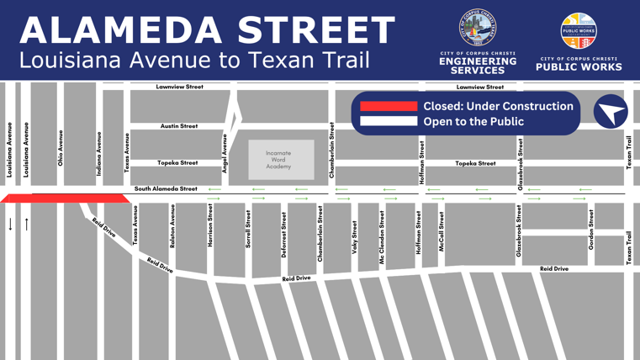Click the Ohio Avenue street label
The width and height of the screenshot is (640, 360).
click(61, 147)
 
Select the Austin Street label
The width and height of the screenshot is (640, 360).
click(179, 126)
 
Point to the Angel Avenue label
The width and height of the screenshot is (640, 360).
click(225, 154)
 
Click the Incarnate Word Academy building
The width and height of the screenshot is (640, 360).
click(280, 160)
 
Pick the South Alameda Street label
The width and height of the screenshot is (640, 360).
click(166, 189)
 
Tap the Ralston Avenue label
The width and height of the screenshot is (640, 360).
click(173, 225)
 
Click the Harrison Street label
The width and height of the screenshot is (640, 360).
click(210, 225)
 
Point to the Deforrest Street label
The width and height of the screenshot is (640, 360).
click(284, 236)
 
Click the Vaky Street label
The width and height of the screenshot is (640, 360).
click(356, 237)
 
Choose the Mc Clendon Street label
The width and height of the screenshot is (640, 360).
click(382, 239)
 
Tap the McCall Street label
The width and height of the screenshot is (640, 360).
click(442, 231)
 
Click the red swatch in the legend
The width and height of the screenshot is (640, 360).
click(389, 107)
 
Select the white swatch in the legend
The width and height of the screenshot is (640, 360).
click(389, 121)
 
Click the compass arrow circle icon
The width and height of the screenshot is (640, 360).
click(611, 113)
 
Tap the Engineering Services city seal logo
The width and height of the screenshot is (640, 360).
click(478, 29)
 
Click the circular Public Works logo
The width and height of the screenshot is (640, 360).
click(580, 29)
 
